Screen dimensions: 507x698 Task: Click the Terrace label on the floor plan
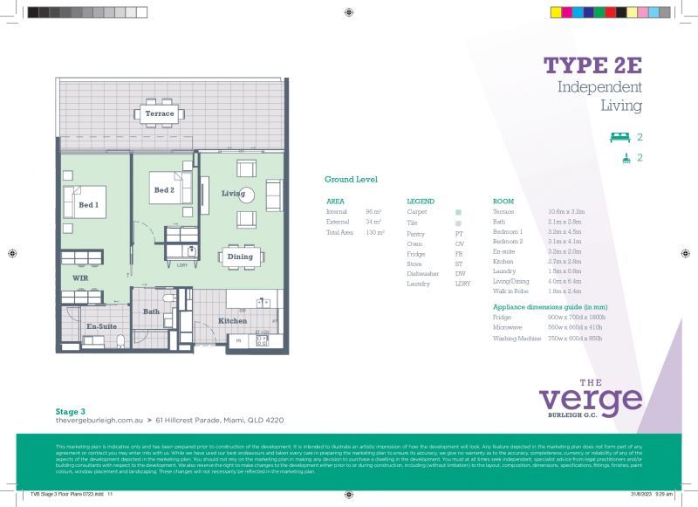[x=159, y=113]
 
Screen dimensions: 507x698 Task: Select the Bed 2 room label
[x=164, y=190]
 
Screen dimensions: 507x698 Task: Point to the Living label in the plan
[x=233, y=193]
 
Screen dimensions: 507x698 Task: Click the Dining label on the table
[x=240, y=257]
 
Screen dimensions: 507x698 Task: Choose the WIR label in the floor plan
[x=80, y=277]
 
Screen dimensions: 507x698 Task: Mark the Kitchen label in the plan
[x=233, y=321]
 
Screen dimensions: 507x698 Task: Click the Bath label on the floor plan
[x=151, y=311]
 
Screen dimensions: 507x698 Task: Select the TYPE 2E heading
[x=592, y=66]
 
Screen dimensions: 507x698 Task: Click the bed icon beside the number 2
[x=619, y=137]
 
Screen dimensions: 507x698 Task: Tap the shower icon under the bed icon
[x=626, y=158]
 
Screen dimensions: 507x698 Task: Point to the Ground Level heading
[x=351, y=180]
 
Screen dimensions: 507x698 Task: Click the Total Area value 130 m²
[x=375, y=233]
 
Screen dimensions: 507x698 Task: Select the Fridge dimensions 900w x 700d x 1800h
[x=575, y=317]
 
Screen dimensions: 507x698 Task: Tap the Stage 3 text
[x=70, y=410]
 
